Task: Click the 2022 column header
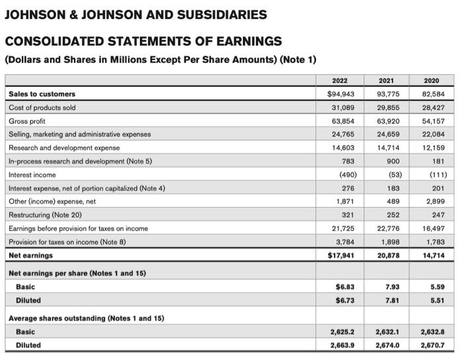(x=340, y=80)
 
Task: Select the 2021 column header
(x=387, y=80)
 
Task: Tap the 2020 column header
(x=433, y=80)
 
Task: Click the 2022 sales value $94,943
(x=341, y=94)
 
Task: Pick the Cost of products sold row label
(x=42, y=107)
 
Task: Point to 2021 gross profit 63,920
(x=387, y=121)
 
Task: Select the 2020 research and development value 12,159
(x=434, y=148)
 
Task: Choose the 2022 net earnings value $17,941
(x=341, y=255)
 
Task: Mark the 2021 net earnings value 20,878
(x=387, y=255)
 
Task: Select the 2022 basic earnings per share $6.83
(x=343, y=287)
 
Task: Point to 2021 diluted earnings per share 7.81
(x=391, y=301)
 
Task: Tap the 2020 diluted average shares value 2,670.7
(x=433, y=345)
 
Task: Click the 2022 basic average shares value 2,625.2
(x=341, y=332)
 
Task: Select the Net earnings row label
(x=31, y=255)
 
